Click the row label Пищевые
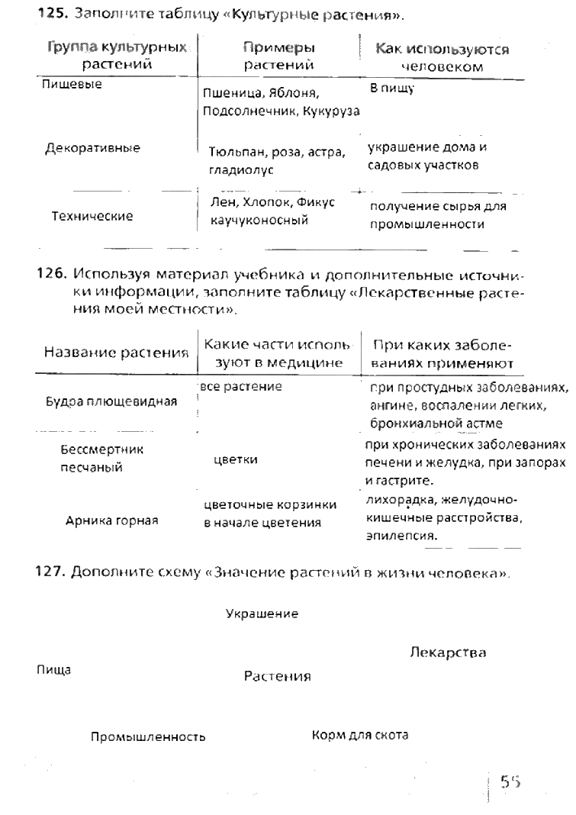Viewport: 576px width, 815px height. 72,85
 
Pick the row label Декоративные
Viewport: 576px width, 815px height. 93,148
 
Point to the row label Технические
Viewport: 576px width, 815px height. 92,217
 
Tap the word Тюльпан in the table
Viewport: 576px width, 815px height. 234,152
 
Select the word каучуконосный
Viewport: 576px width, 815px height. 259,221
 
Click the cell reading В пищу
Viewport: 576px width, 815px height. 391,89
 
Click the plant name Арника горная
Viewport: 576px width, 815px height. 112,521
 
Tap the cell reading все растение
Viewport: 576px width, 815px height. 241,387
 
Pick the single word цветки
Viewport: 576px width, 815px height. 236,459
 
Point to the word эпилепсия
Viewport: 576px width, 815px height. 395,536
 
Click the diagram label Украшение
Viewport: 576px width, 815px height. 262,614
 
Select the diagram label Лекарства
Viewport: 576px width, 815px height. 448,653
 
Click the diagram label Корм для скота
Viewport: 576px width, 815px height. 360,736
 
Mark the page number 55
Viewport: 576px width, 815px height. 510,781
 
